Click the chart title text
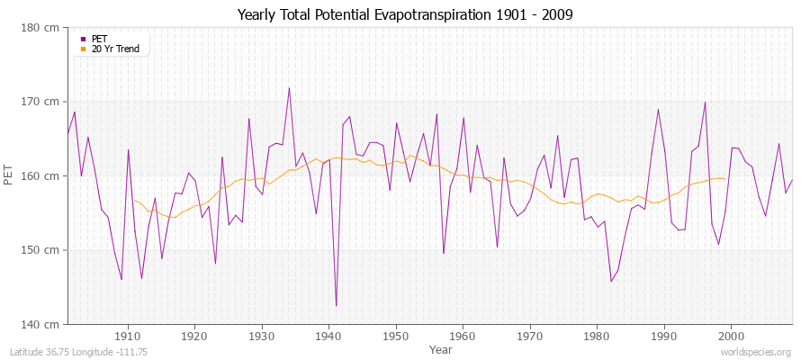pos(405,14)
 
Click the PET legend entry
pos(99,39)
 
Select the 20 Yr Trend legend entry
pos(115,49)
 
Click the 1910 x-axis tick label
pos(128,336)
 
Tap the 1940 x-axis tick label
pos(328,336)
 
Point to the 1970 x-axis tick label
pos(530,336)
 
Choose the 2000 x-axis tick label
pos(731,336)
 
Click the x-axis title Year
pos(441,349)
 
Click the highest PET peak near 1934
pos(289,88)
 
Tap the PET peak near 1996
pos(705,102)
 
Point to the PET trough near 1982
pos(611,282)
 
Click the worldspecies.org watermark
pos(758,352)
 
